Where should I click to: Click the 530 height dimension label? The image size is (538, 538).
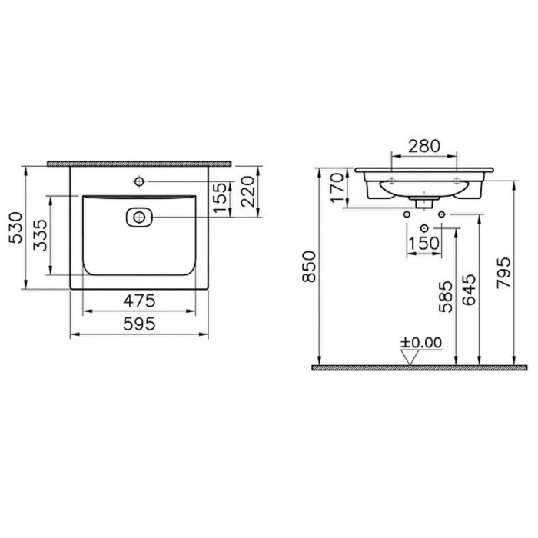coord(15,228)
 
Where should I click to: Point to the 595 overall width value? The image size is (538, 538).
coord(139,324)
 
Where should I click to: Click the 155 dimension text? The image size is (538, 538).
coord(221,198)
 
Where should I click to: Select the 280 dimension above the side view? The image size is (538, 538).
coord(424,144)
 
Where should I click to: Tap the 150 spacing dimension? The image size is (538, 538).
coord(424,244)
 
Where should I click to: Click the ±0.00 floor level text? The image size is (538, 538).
coord(421,342)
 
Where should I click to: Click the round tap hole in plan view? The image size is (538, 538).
coord(140,181)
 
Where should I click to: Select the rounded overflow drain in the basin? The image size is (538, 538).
coord(138,218)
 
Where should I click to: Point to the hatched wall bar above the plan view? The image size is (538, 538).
coord(139,164)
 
